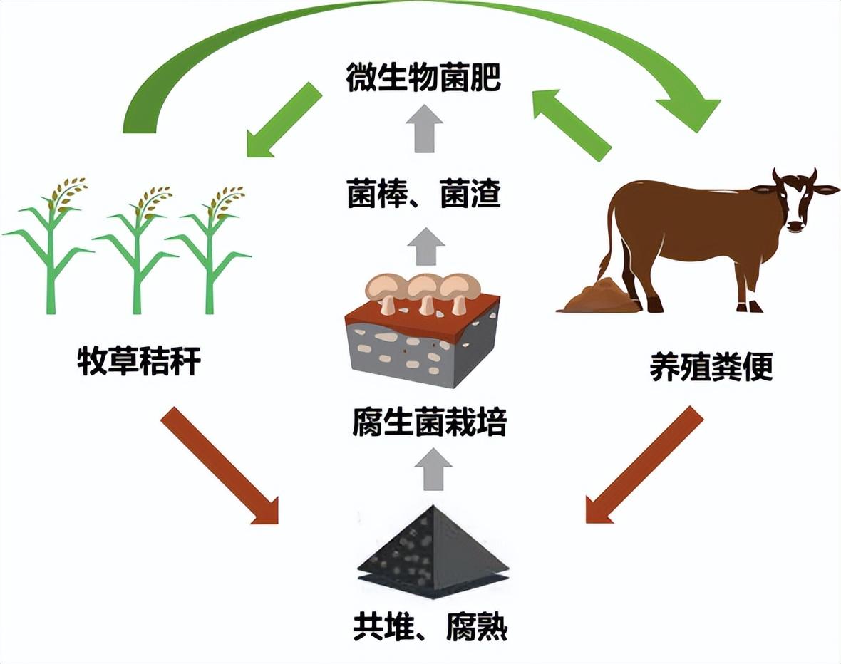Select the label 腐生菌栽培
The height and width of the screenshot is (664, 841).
[429, 423]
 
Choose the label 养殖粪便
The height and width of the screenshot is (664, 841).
[711, 369]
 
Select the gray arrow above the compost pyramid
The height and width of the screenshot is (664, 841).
[432, 467]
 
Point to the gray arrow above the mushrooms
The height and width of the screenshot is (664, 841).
[426, 246]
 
